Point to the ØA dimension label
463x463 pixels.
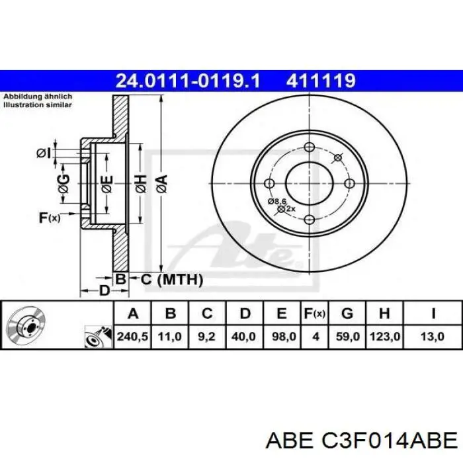point(161,182)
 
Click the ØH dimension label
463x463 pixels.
point(140,183)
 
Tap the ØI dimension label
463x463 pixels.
point(43,153)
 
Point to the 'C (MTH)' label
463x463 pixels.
point(171,280)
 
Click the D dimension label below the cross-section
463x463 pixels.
point(104,290)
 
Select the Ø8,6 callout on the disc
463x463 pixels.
point(276,200)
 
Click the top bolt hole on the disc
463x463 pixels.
point(309,147)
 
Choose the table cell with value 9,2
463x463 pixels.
point(206,337)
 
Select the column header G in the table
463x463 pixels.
point(348,313)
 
